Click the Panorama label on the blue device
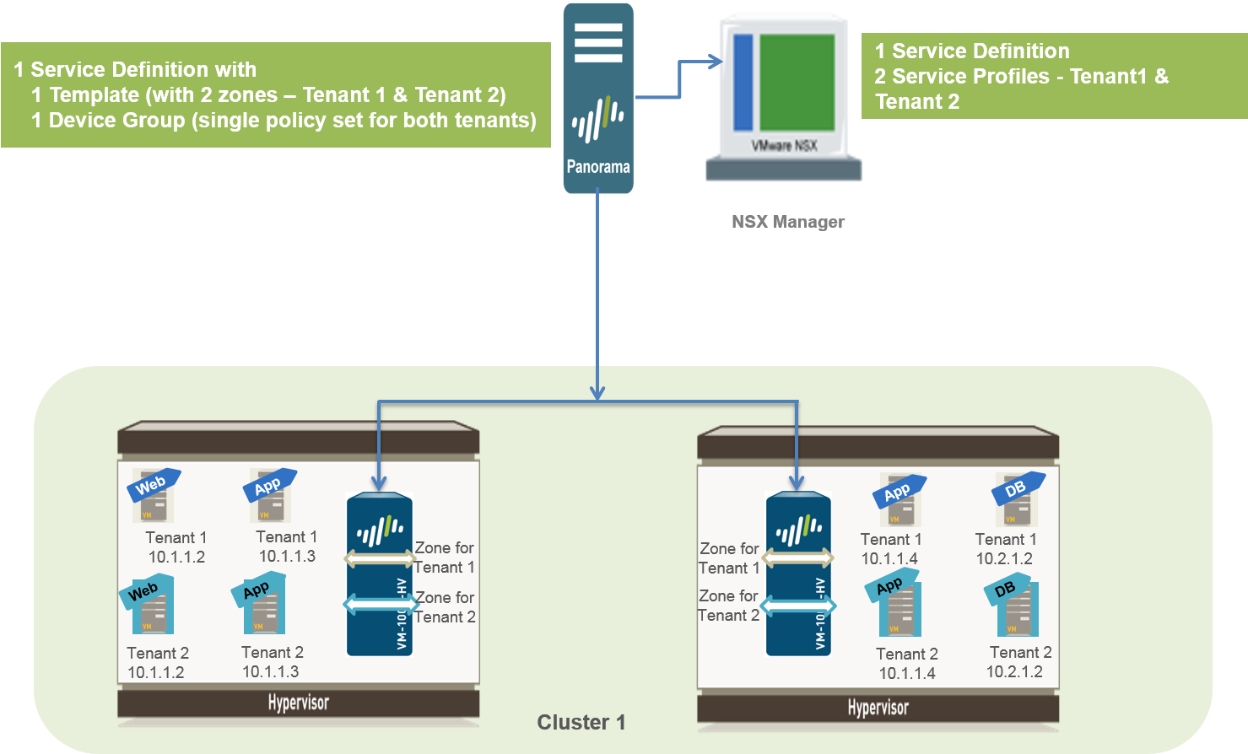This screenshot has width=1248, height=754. pyautogui.click(x=598, y=167)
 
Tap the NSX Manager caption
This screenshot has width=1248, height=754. pyautogui.click(x=788, y=222)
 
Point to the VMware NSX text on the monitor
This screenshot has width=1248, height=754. pyautogui.click(x=784, y=146)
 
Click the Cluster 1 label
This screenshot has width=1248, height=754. pyautogui.click(x=581, y=723)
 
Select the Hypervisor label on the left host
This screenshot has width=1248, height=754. pyautogui.click(x=298, y=703)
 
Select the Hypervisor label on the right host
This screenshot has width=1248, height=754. pyautogui.click(x=878, y=708)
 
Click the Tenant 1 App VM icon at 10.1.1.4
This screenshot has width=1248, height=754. pyautogui.click(x=899, y=501)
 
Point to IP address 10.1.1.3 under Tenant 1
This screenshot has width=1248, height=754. pyautogui.click(x=287, y=556)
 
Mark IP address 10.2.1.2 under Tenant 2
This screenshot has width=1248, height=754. pyautogui.click(x=1014, y=671)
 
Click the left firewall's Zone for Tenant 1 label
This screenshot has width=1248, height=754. pyautogui.click(x=444, y=557)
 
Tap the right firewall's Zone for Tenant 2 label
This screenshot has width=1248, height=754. pyautogui.click(x=729, y=606)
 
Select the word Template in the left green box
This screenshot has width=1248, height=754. pyautogui.click(x=94, y=94)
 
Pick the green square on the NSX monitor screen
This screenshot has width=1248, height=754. pyautogui.click(x=797, y=82)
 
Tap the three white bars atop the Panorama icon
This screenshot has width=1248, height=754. pyautogui.click(x=598, y=42)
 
